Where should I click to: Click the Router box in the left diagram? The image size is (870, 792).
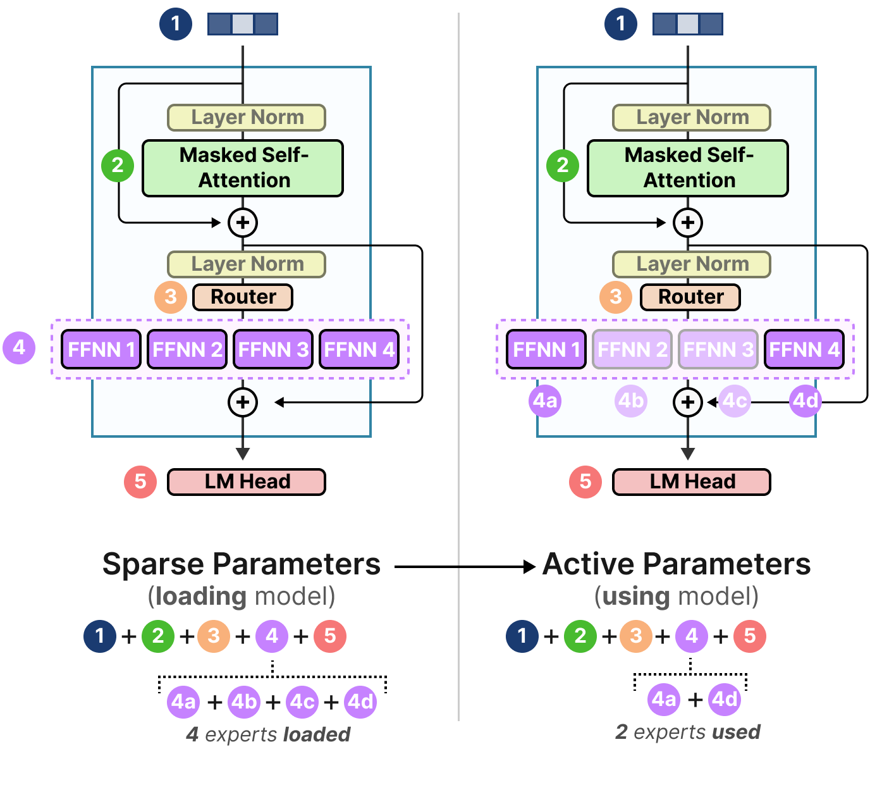tap(243, 297)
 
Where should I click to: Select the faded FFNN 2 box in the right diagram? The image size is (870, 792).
tap(632, 349)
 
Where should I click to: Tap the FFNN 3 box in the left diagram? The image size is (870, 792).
tap(273, 349)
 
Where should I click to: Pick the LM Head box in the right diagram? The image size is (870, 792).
tap(692, 481)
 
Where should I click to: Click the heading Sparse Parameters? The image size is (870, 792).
tap(241, 564)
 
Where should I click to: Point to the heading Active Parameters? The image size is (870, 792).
tap(677, 564)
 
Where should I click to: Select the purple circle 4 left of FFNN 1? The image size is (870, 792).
tap(19, 347)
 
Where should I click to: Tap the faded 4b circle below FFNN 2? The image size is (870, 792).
tap(630, 400)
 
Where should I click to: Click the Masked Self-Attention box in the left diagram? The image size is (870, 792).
tap(243, 168)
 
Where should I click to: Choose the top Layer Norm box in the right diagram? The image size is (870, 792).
tap(692, 118)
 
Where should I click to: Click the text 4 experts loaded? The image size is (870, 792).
tap(268, 734)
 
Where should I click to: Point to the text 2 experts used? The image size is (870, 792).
tap(688, 732)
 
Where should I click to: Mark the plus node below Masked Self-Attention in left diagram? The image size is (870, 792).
tap(243, 222)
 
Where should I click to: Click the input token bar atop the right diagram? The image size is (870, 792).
tap(688, 24)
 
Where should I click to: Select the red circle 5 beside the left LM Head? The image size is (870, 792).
tap(140, 481)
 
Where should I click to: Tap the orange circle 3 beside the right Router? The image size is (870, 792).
tap(615, 297)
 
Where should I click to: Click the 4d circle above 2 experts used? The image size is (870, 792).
tap(725, 699)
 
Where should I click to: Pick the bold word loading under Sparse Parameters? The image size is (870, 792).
tap(200, 596)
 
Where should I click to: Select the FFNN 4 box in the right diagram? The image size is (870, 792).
tap(804, 349)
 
